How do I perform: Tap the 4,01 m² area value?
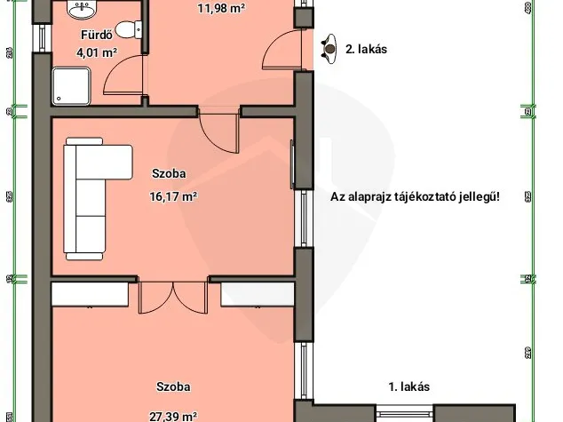click(97, 53)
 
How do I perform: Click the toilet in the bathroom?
click(128, 27)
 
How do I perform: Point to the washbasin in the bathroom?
click(83, 11)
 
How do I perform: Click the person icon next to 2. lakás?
click(329, 47)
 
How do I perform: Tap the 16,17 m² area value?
click(173, 197)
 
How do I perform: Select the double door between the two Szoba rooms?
click(174, 298)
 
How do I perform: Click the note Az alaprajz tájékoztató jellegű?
click(415, 197)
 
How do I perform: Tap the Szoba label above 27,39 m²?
click(174, 387)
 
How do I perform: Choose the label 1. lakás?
click(409, 386)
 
